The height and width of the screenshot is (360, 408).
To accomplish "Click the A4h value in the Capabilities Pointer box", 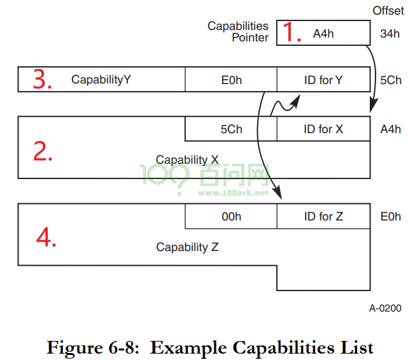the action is (x=323, y=34).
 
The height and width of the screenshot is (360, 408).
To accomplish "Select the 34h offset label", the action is (x=390, y=34).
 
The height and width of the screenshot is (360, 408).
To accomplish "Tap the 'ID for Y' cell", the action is (x=323, y=80).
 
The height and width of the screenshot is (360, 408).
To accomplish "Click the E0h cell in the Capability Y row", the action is (x=231, y=80).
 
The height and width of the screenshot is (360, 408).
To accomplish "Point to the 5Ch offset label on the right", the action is (x=391, y=80).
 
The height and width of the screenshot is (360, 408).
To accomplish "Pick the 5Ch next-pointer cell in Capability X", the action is (x=231, y=129).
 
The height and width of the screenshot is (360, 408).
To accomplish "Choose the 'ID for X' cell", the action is (x=323, y=129).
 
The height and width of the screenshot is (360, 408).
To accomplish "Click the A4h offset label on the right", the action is (x=391, y=129).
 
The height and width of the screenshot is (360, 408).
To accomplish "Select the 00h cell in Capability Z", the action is (x=231, y=216).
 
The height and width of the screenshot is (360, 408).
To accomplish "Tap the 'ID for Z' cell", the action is (x=323, y=216).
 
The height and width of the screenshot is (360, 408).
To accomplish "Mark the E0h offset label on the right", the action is (x=391, y=217).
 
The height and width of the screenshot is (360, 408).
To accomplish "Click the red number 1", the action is (x=292, y=32).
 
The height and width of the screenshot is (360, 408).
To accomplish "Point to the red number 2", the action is (x=43, y=150).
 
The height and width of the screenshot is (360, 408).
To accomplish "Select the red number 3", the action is (x=42, y=79).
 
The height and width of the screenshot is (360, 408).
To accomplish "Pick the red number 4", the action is (x=46, y=237).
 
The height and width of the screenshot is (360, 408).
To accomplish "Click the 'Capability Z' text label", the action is (x=187, y=247).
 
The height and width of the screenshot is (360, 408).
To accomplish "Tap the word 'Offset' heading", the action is (x=388, y=11).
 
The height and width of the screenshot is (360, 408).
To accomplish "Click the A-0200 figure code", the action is (x=385, y=308).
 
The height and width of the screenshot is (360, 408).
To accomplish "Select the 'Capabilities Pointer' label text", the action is (x=238, y=31).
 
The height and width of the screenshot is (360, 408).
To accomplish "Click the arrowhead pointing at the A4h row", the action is (x=373, y=106).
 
